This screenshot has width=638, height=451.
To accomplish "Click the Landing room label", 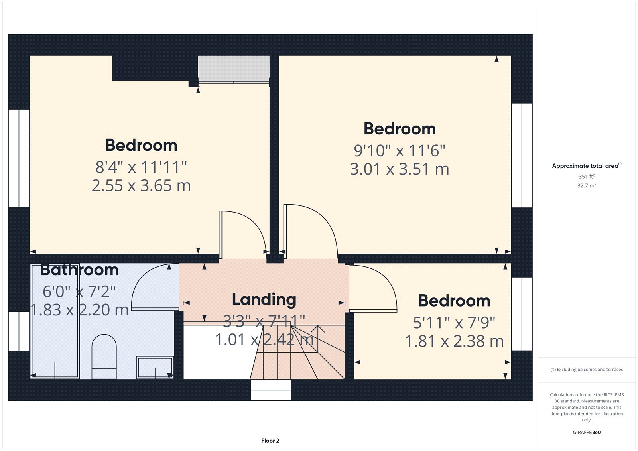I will pos(264,299).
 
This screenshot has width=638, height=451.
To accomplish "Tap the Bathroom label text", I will pos(79,270).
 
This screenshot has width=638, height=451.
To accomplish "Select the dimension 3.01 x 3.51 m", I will pos(400,169).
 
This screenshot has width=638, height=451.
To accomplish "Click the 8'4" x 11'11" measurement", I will pos(141,167).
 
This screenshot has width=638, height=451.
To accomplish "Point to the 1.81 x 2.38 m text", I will pos(454,341).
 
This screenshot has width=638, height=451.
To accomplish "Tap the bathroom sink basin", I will pos(155,367).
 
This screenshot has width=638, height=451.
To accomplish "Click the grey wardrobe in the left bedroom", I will pos(234,69).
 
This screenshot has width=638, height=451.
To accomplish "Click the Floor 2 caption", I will pos(270,441).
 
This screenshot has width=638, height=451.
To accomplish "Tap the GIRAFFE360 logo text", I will pos(587,432).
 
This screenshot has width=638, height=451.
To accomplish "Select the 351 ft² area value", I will pos(587,176).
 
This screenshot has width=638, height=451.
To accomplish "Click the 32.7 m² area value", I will pos(587,185).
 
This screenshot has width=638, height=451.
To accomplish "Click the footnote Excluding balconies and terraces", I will pos(587,370).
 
